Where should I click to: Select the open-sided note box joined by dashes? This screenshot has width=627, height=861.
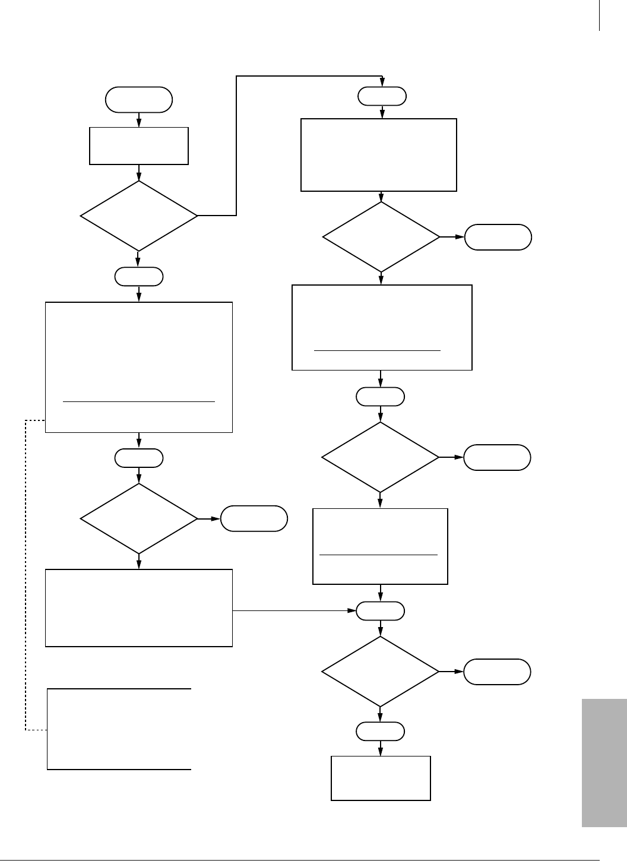click(119, 729)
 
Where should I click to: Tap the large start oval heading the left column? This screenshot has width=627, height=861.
click(139, 100)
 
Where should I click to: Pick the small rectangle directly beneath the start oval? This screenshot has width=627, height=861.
click(139, 145)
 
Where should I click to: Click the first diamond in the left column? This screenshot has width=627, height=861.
click(139, 216)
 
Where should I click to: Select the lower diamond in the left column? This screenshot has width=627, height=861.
click(139, 519)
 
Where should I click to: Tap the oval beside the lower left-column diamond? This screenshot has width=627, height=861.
click(254, 519)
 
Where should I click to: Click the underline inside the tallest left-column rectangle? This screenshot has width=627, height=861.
click(138, 402)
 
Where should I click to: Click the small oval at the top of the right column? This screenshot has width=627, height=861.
click(382, 96)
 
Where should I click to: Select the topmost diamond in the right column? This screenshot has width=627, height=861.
click(381, 237)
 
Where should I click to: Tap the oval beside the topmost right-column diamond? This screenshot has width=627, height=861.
click(498, 237)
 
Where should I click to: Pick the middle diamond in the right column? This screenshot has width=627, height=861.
click(380, 457)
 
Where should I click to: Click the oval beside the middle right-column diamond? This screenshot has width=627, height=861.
click(497, 457)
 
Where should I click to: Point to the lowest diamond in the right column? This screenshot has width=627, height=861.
click(380, 672)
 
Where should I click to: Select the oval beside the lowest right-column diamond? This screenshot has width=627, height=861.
click(497, 672)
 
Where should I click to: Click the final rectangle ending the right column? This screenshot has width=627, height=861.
click(381, 778)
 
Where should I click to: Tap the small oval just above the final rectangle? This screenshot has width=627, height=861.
click(381, 732)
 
